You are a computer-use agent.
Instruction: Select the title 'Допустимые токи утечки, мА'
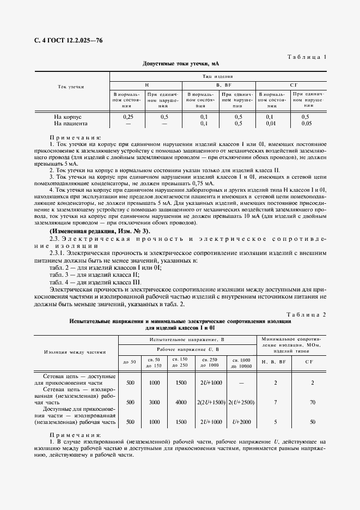(180, 64)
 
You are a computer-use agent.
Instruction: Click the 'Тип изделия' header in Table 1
(218, 77)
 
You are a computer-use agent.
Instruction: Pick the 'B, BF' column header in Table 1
(218, 86)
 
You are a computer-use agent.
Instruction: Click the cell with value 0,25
(128, 117)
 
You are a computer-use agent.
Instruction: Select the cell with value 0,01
(271, 124)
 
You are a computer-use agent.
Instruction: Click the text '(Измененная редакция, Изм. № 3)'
(95, 232)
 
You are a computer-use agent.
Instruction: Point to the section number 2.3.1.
(59, 253)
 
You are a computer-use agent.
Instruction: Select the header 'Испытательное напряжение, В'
(187, 339)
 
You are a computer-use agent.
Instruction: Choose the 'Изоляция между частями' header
(75, 352)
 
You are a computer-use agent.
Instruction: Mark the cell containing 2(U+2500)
(242, 402)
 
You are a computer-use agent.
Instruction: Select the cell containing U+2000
(242, 422)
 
